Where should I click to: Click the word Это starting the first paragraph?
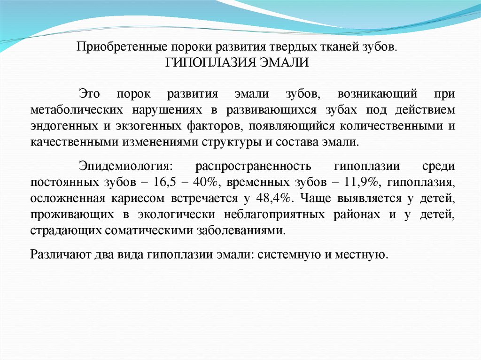89,94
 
